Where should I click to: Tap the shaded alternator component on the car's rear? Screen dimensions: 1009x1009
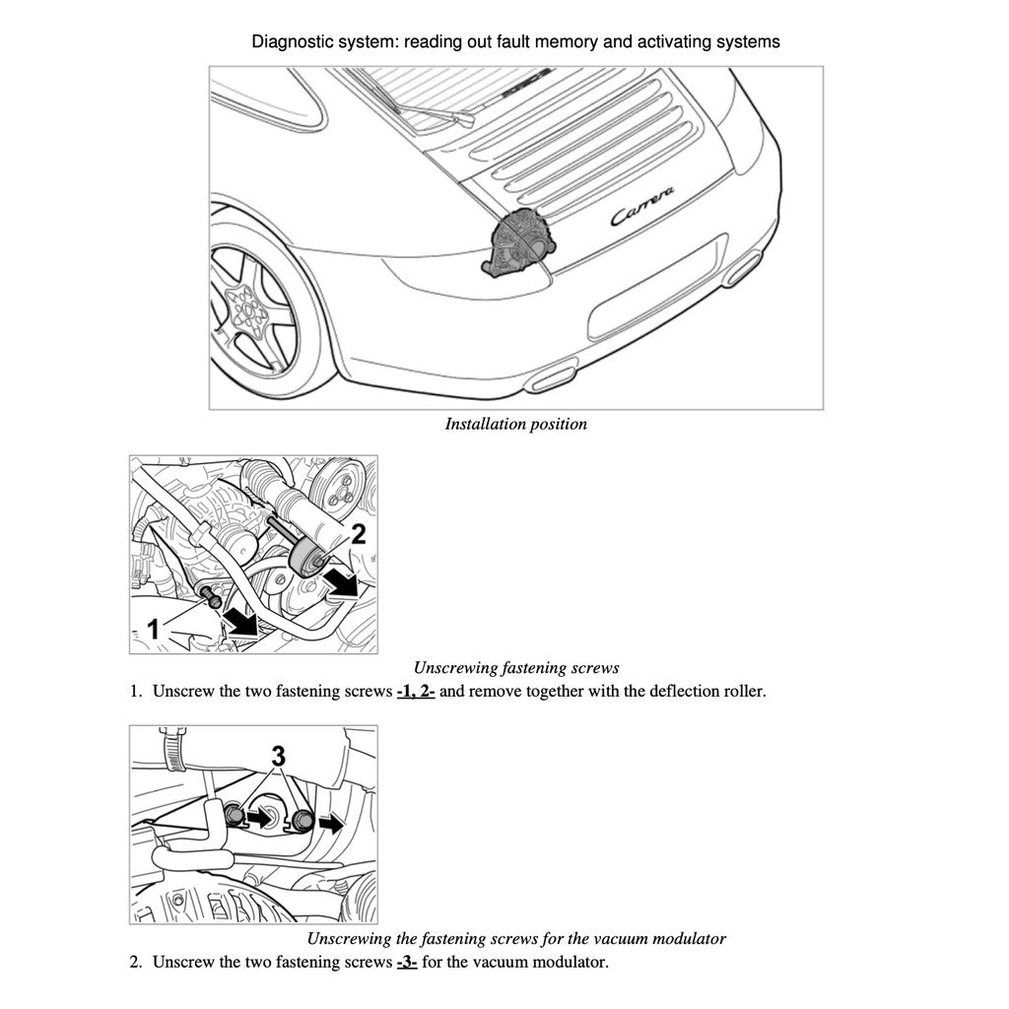519,241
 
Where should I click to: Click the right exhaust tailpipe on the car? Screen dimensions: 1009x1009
743,268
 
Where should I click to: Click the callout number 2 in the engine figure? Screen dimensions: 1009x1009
358,535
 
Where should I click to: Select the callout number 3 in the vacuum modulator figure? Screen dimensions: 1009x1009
279,757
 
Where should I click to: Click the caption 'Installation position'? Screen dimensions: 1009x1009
515,425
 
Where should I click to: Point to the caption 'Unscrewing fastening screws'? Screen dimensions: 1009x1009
515,668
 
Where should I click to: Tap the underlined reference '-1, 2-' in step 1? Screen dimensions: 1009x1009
415,691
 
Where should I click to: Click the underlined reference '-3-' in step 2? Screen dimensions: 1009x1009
407,962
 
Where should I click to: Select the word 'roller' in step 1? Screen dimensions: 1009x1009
741,691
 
